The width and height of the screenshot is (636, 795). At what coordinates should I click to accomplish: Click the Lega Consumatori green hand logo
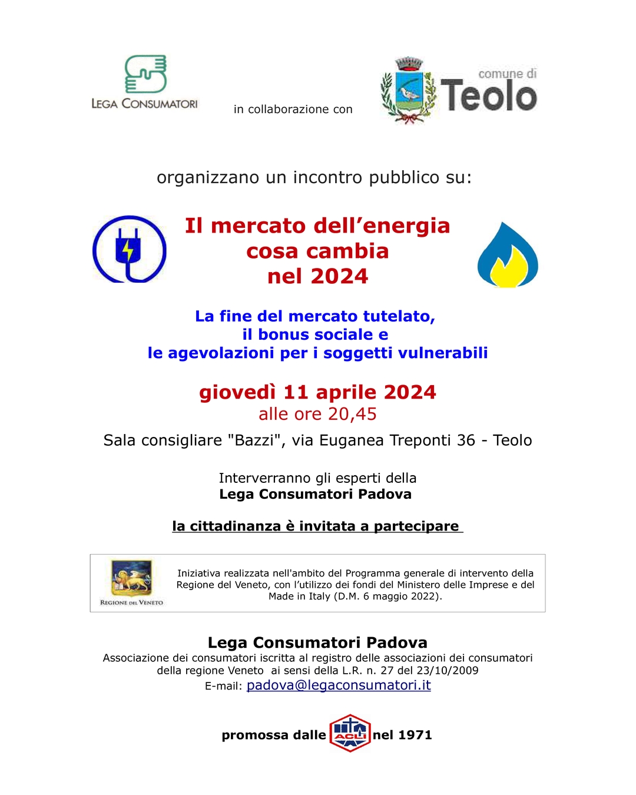coord(145,74)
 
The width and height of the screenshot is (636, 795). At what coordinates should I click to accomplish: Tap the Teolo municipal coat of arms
coord(409,90)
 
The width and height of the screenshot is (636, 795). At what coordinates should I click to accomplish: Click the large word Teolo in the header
coord(489,96)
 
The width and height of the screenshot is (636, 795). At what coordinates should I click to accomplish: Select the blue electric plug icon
coord(129,249)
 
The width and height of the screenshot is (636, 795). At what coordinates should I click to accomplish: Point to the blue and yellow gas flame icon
coord(508,256)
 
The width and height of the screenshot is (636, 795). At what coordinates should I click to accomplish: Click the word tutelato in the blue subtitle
coord(399,316)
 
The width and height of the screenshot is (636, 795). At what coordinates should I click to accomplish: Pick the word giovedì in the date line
coord(237,392)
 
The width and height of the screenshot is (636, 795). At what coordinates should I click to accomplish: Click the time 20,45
coord(352,414)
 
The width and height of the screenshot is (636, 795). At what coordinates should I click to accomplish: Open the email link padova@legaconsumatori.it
coord(339,685)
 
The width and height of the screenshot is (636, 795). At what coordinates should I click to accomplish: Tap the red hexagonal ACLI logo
coord(350,733)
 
